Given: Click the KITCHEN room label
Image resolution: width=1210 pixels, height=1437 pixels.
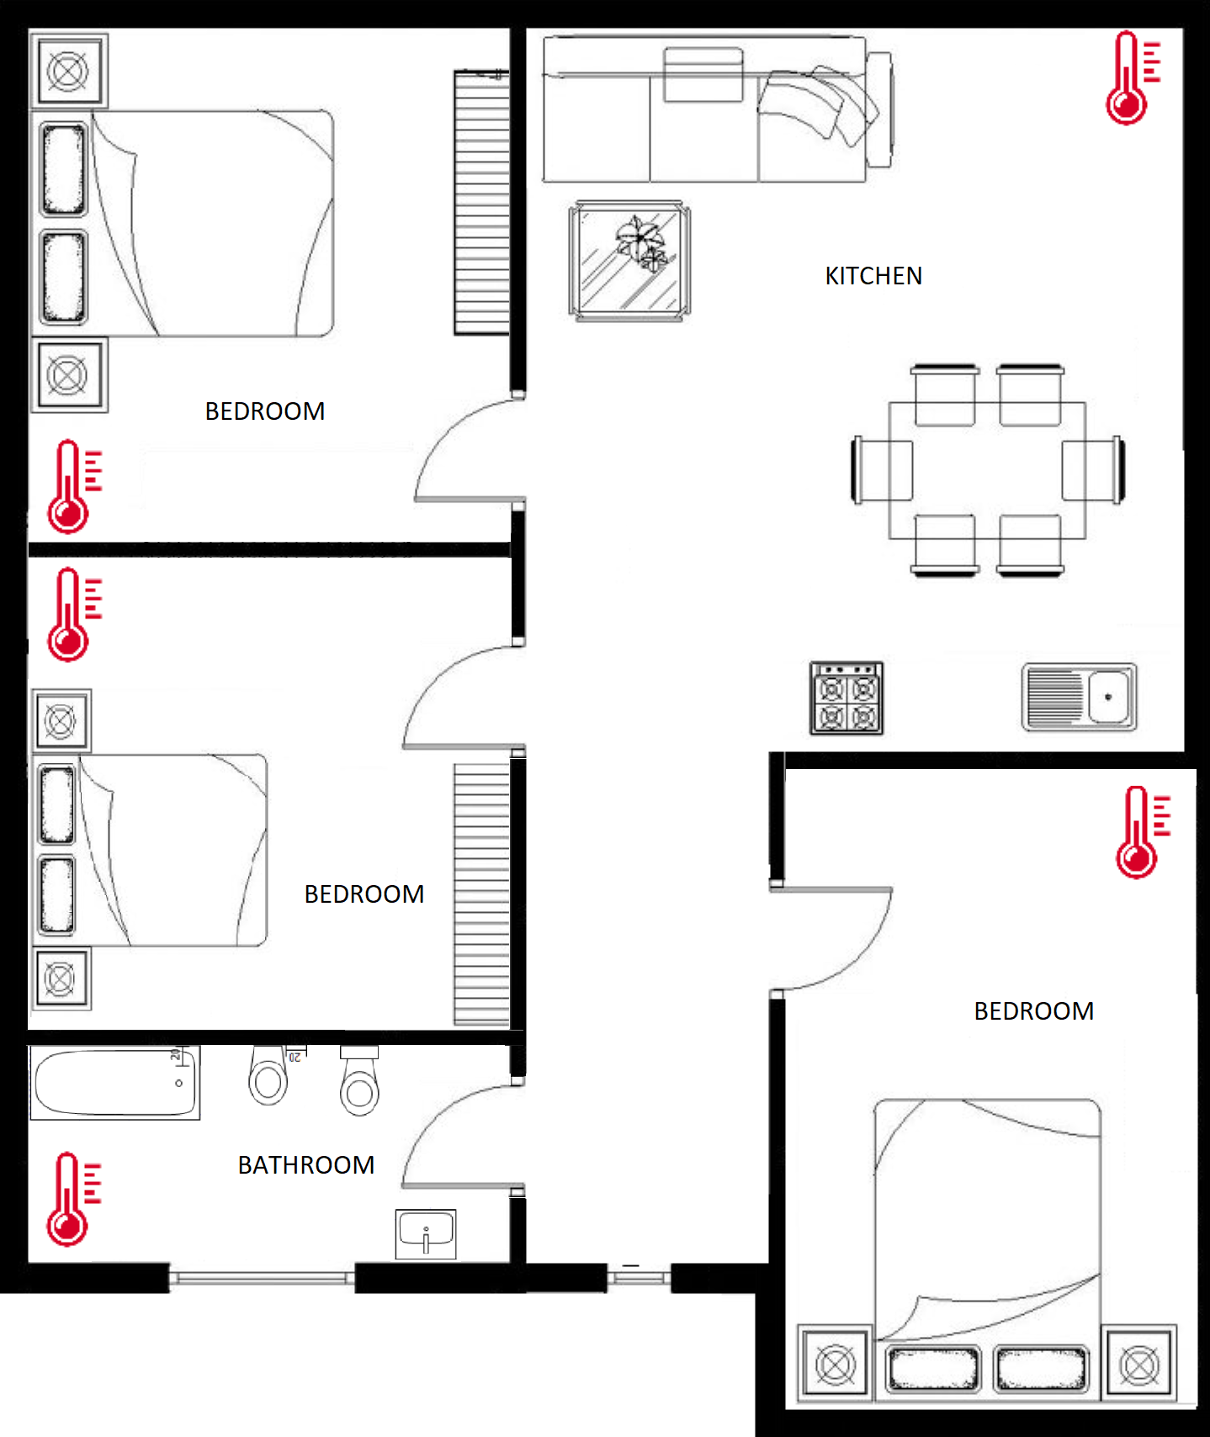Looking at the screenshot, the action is point(873,276).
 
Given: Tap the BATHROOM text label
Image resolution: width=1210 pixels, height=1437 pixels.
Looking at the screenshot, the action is point(306,1165).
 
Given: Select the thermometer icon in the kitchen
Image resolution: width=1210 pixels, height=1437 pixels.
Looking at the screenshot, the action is point(1133,77).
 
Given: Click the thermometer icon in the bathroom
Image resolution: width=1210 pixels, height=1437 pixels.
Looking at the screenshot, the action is point(74,1199).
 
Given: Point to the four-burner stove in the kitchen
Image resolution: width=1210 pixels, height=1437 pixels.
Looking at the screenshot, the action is point(846,698).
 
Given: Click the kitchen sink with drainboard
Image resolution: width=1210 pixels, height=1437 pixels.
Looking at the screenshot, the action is point(1080,697).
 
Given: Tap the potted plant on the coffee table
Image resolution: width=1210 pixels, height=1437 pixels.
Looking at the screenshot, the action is point(641,242).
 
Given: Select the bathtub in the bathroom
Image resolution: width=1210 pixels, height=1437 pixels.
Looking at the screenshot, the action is point(115,1083).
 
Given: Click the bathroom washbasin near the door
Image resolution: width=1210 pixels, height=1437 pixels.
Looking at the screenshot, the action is point(426,1234).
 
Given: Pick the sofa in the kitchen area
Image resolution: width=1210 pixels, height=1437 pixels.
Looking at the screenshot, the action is point(716,109).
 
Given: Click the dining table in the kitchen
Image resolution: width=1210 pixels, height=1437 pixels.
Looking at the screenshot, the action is point(987,470).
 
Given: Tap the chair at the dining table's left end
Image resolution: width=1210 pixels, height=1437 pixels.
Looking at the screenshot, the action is point(882,470).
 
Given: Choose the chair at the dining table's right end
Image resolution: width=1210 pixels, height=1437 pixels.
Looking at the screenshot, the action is point(1092,470).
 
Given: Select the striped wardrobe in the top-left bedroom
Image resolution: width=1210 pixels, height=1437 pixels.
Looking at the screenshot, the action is point(482,203).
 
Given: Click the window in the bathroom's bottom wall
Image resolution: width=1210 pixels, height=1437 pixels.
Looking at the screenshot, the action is point(263,1278).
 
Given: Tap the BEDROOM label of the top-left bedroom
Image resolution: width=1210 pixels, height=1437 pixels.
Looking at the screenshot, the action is point(265,411).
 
